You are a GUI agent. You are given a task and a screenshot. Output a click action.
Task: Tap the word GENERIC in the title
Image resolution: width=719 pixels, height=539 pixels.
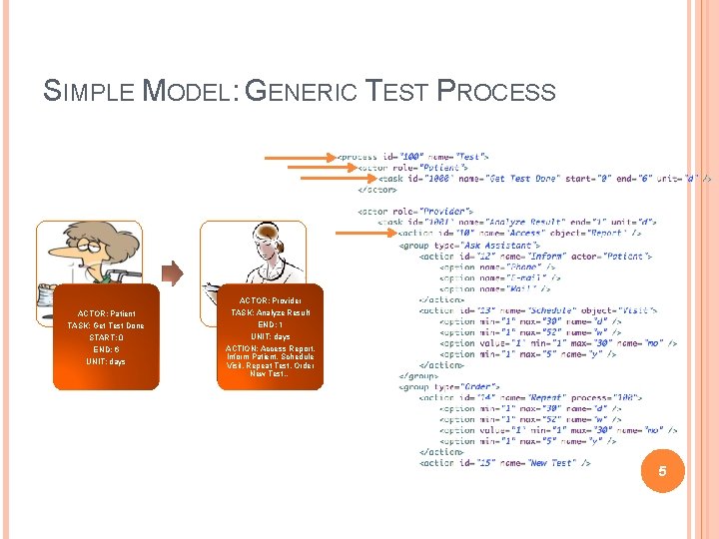pyautogui.click(x=306, y=92)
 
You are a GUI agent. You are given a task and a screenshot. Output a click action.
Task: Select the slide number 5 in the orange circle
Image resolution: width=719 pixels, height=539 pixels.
pyautogui.click(x=660, y=470)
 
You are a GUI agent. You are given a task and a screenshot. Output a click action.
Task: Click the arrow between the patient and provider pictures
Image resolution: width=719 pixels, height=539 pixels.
pyautogui.click(x=173, y=272)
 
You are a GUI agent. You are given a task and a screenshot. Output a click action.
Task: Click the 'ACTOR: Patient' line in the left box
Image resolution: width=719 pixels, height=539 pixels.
pyautogui.click(x=106, y=313)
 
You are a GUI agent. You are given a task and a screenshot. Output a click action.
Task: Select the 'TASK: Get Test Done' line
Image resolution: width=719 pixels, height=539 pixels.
pyautogui.click(x=106, y=325)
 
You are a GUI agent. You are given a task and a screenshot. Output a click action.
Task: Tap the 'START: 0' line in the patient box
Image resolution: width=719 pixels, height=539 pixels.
pyautogui.click(x=106, y=337)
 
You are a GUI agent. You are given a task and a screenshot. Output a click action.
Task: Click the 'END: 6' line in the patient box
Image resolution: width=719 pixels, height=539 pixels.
pyautogui.click(x=106, y=349)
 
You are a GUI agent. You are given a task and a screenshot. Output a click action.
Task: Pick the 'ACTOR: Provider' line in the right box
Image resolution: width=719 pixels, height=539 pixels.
pyautogui.click(x=270, y=300)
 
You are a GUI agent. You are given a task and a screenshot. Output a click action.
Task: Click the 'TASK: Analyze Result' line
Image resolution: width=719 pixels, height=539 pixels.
pyautogui.click(x=270, y=312)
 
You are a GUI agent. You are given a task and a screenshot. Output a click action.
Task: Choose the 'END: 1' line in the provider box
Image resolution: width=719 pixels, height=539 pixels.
pyautogui.click(x=270, y=324)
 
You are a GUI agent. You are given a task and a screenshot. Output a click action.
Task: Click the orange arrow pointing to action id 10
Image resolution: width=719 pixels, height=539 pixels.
pyautogui.click(x=364, y=234)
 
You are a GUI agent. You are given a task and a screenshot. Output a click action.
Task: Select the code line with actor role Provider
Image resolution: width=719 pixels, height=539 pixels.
pyautogui.click(x=414, y=212)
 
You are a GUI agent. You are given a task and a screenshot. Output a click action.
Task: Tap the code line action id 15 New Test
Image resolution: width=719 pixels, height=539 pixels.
pyautogui.click(x=504, y=463)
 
